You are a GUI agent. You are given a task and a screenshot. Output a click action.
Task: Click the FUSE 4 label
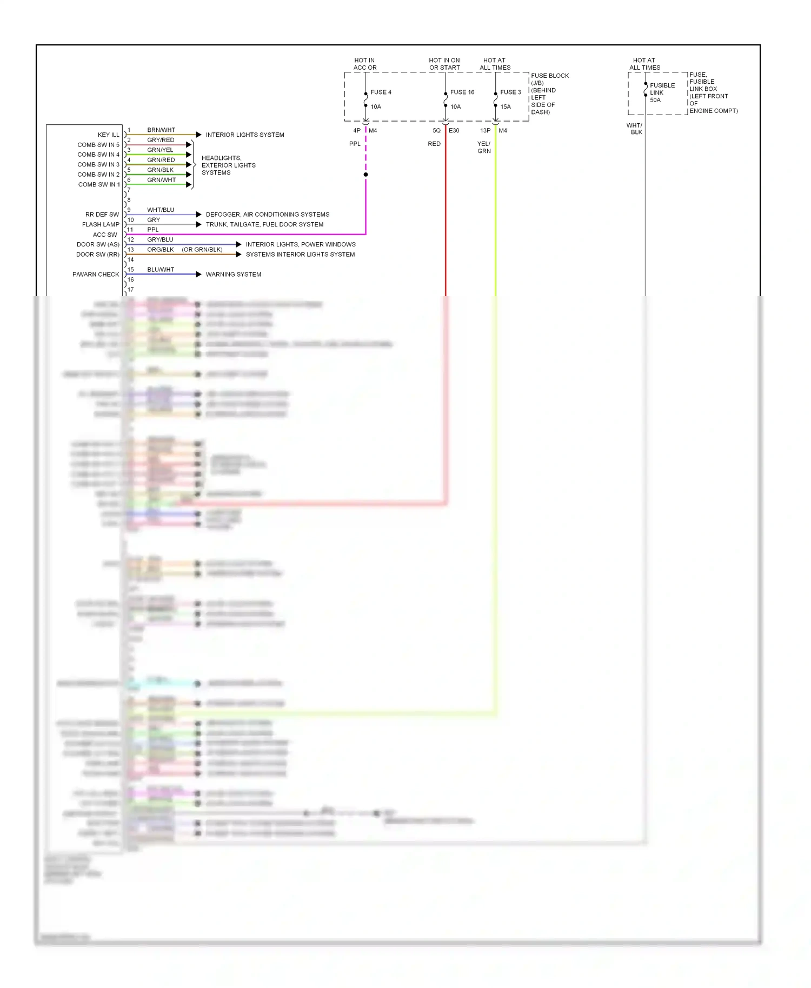tap(381, 92)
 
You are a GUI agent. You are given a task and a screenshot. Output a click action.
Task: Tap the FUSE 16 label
tap(462, 92)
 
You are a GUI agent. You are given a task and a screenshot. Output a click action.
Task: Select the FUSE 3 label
tap(510, 92)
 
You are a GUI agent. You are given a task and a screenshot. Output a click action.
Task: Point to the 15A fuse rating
tap(506, 107)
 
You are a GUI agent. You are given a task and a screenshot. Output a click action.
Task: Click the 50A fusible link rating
tap(655, 100)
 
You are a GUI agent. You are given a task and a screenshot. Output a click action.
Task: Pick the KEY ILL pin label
tap(108, 135)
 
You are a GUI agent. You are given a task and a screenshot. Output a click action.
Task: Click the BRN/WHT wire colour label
tap(161, 130)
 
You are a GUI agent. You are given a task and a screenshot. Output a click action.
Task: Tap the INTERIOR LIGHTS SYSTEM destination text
tap(245, 135)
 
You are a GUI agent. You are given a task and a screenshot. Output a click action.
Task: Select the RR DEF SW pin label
tap(102, 215)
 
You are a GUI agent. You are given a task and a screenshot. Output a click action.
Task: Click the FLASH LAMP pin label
tap(101, 225)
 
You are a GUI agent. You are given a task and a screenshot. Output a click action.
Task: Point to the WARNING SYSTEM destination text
tap(233, 275)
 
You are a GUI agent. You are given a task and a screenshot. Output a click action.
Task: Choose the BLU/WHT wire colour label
tap(161, 270)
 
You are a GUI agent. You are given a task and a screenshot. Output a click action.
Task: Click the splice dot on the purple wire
tap(366, 175)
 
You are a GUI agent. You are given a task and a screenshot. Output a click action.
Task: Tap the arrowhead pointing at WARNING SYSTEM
tap(198, 275)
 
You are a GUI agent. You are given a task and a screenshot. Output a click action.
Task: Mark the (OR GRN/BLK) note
tap(202, 250)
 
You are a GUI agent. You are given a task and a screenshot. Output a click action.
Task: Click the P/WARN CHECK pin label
tap(96, 275)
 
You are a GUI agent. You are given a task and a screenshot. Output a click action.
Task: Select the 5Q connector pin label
tap(436, 131)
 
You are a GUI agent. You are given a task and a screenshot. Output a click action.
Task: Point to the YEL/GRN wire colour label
tap(484, 148)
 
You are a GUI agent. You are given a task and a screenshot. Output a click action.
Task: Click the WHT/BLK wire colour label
tap(635, 129)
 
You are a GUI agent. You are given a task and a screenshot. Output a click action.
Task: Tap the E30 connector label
tap(454, 131)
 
